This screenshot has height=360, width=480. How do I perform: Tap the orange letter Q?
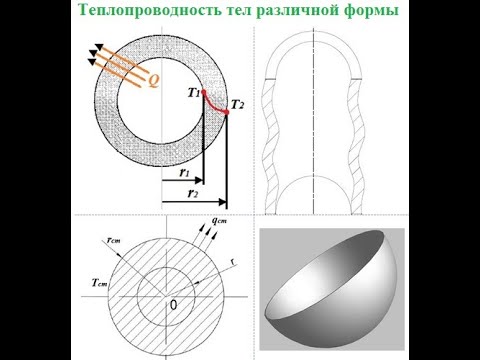tap(153, 82)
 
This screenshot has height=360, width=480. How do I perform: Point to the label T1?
tap(192, 92)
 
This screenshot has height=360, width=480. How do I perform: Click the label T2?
tap(237, 104)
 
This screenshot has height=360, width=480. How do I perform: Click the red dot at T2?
tap(227, 111)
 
